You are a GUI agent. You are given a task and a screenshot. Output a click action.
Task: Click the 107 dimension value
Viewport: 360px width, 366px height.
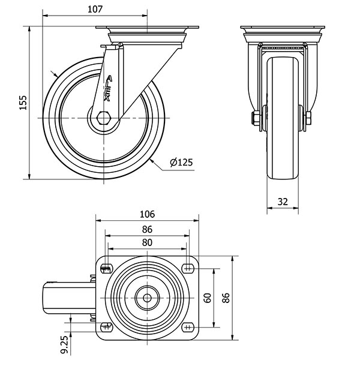95,10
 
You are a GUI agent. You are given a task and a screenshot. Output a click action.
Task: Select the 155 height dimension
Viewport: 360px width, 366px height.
23,103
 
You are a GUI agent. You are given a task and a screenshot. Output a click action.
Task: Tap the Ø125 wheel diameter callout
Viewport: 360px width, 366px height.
181,162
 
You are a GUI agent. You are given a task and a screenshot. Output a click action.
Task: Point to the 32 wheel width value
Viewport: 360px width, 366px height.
283,202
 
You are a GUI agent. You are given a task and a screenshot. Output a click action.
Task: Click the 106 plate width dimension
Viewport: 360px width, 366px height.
147,214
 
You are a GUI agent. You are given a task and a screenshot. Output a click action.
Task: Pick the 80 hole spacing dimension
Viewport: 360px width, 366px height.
147,243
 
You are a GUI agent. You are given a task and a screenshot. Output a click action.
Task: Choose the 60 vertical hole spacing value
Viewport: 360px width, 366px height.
208,298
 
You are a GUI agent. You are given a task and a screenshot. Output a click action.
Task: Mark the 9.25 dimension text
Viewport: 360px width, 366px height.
66,345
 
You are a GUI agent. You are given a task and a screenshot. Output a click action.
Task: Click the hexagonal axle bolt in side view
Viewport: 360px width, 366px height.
104,118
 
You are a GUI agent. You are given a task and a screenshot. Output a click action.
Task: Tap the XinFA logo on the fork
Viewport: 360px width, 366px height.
108,88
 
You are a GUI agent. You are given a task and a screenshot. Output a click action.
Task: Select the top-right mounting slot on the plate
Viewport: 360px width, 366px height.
188,268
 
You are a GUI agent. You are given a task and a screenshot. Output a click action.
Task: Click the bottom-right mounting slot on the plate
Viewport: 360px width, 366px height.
188,327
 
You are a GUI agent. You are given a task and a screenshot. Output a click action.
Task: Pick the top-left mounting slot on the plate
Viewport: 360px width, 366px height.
106,269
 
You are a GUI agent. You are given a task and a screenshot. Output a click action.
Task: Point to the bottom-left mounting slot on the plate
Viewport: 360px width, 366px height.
106,327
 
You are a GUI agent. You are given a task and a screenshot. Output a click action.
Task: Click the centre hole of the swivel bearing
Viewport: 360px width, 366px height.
147,298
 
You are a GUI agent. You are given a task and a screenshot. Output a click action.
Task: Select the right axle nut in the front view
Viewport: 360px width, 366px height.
308,118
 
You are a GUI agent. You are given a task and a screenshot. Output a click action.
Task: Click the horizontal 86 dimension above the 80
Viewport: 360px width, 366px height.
147,230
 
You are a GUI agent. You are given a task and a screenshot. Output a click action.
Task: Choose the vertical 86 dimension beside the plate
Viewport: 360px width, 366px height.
226,298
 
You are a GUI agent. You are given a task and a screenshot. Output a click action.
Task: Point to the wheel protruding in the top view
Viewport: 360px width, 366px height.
70,298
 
